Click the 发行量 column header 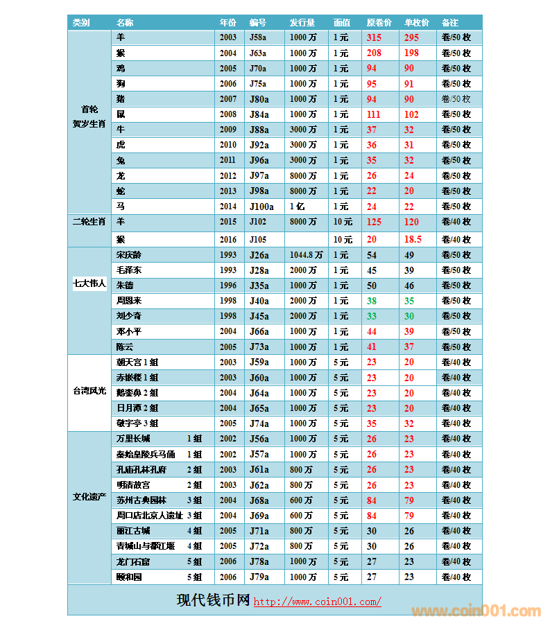pos(302,22)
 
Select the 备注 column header pos(449,22)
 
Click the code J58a pos(258,37)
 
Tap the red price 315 pos(375,37)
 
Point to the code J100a pos(261,207)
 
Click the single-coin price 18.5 pos(413,239)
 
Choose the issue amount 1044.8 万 pos(306,255)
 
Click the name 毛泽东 pos(129,270)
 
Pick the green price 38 pos(372,301)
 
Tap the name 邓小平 pos(129,331)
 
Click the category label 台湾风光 pos(89,392)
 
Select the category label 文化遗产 pos(89,496)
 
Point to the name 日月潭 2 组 pos(137,408)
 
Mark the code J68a pos(259,500)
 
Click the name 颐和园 pos(129,577)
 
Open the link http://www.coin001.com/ pos(317,602)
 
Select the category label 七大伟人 pos(89,283)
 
